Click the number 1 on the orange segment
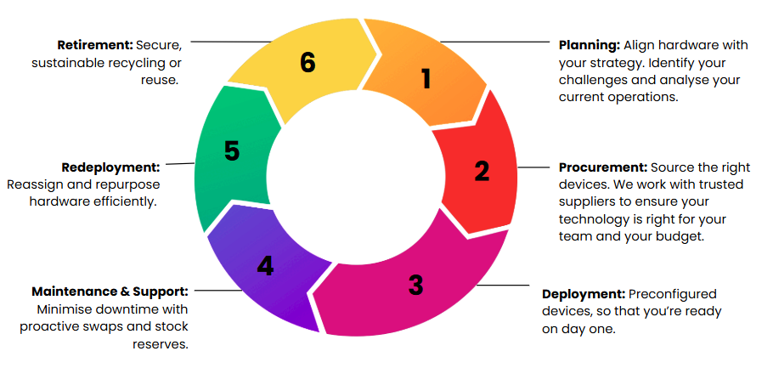[x=426, y=79]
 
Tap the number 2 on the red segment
[x=482, y=171]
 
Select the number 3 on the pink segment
[x=415, y=285]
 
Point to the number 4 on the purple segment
[x=265, y=266]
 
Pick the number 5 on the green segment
[x=232, y=151]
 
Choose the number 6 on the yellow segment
[x=308, y=63]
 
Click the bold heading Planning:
[x=590, y=45]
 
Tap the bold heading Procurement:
[x=603, y=167]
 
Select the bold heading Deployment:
[x=584, y=295]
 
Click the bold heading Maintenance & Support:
[x=110, y=292]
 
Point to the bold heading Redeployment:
[x=111, y=167]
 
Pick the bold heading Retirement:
[x=95, y=45]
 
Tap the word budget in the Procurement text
[x=679, y=236]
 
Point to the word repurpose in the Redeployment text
[x=133, y=184]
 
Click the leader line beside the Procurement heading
[x=533, y=167]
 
